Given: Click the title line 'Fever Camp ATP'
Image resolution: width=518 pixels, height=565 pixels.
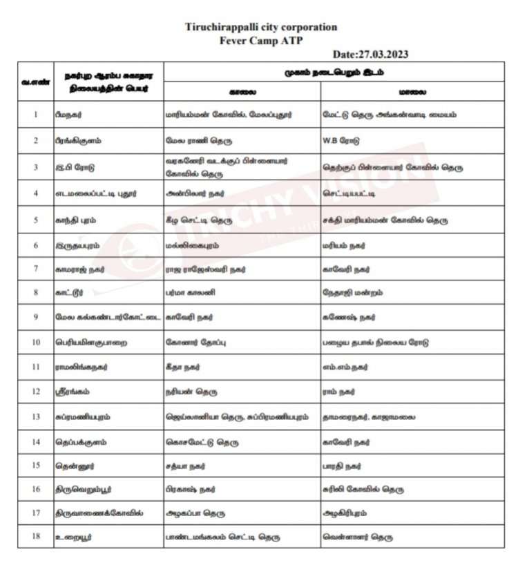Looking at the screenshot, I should [x=262, y=40].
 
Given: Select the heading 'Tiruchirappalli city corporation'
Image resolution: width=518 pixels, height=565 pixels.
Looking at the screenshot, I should [x=262, y=28].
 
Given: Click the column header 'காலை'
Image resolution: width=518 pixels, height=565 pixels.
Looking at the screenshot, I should [x=241, y=91].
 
